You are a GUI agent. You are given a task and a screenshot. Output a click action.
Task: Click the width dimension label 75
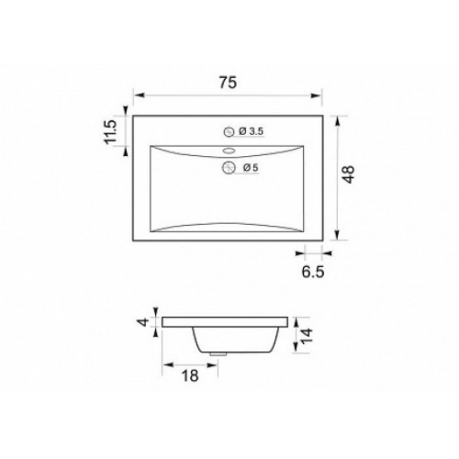(228, 83)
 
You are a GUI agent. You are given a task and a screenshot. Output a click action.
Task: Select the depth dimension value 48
(349, 174)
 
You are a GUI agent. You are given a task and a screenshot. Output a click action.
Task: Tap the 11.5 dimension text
(110, 131)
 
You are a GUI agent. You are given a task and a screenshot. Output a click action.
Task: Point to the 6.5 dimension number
(313, 272)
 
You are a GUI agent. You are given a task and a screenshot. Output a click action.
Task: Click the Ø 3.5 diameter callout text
(252, 131)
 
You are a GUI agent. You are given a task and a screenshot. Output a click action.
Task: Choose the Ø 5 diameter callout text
(252, 168)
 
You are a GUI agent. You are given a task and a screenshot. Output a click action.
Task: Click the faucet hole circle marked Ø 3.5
(229, 132)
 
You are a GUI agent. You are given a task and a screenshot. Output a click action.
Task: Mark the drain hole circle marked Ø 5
(228, 168)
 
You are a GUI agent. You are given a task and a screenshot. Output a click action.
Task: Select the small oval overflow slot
(229, 151)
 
